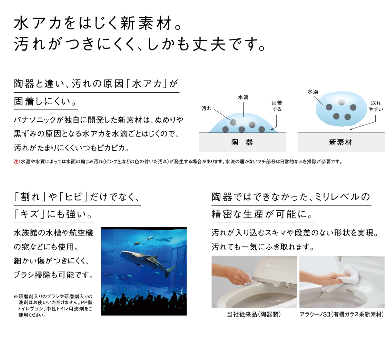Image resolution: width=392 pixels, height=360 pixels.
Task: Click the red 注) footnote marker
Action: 17,161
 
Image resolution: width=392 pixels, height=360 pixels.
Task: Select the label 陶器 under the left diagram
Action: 242,142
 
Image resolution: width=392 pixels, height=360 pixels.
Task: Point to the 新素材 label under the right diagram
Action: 341,142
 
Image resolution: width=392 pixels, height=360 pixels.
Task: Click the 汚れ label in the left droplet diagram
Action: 206,108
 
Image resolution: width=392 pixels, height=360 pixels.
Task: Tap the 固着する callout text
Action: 277,106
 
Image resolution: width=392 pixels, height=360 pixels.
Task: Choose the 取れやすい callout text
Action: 376,106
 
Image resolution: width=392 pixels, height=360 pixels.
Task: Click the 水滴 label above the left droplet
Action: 243,97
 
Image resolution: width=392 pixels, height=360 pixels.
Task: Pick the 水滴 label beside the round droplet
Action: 313,92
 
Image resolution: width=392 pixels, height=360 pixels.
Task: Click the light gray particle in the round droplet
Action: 341,102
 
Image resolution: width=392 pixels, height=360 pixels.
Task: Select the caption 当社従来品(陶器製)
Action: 254,314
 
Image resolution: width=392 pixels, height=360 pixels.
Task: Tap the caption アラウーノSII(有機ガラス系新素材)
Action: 342,314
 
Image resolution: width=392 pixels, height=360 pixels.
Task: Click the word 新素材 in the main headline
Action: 146,23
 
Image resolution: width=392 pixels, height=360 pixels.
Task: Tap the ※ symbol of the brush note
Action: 16,296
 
